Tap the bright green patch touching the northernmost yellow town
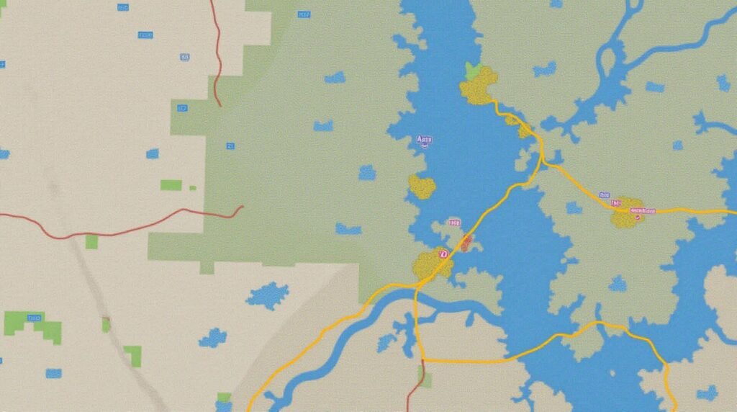pyautogui.click(x=473, y=71)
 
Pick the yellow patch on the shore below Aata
pyautogui.click(x=422, y=187)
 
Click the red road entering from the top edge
pyautogui.click(x=217, y=50)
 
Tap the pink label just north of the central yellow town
pyautogui.click(x=453, y=223)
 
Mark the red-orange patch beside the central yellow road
pyautogui.click(x=466, y=243)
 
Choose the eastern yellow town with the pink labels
pyautogui.click(x=628, y=213)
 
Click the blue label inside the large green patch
pyautogui.click(x=230, y=146)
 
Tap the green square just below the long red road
pyautogui.click(x=91, y=242)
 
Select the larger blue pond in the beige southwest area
pyautogui.click(x=268, y=295)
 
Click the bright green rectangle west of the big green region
pyautogui.click(x=171, y=185)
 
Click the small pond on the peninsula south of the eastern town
pyautogui.click(x=617, y=284)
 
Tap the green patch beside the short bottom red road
pyautogui.click(x=426, y=379)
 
